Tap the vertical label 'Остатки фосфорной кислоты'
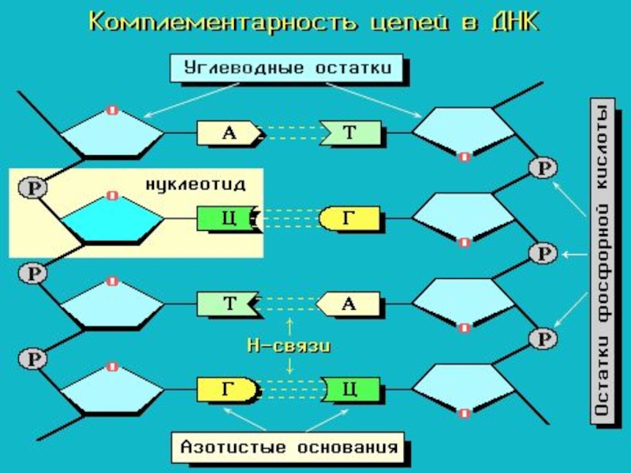tap(602, 262)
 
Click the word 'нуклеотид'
tap(195, 184)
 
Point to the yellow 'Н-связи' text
tap(289, 345)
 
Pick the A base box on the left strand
tap(228, 133)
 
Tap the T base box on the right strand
tap(350, 133)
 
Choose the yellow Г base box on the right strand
tap(350, 218)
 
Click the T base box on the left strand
tap(228, 304)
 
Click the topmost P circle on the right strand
tap(543, 168)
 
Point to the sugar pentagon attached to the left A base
tap(113, 133)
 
